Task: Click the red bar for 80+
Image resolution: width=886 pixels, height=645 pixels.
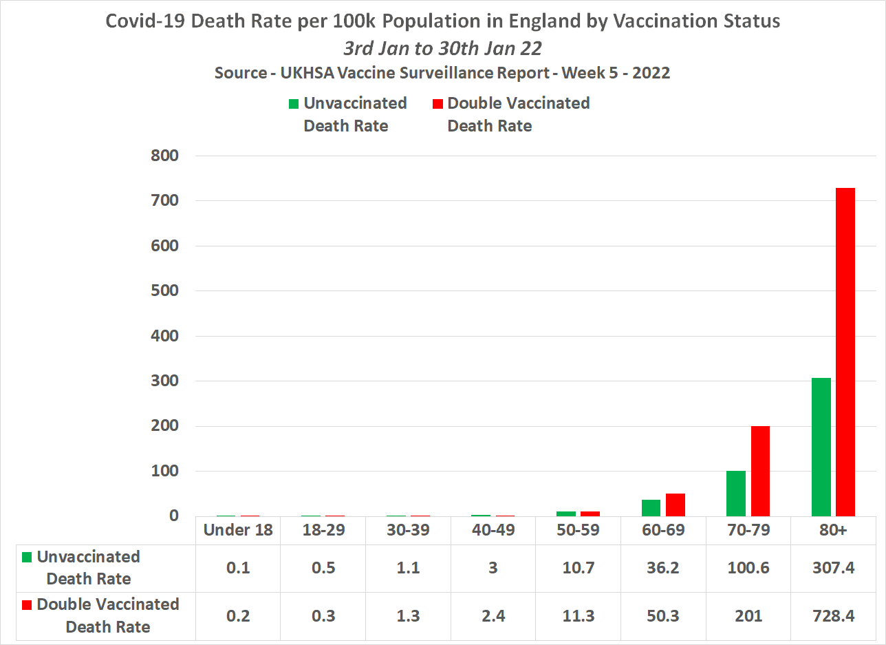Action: tap(845, 352)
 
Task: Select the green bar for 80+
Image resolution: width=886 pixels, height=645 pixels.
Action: tap(821, 447)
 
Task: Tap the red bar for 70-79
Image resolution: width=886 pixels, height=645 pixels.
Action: tap(760, 471)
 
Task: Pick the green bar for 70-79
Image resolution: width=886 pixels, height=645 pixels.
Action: tap(735, 493)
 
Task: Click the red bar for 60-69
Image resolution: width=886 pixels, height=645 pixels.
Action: tap(675, 505)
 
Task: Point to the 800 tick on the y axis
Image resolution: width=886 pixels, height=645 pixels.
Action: tap(164, 156)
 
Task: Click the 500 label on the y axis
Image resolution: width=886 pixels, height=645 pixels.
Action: tap(164, 291)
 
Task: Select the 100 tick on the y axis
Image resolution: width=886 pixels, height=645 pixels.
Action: tap(164, 472)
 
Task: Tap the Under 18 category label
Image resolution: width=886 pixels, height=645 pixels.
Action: tap(238, 530)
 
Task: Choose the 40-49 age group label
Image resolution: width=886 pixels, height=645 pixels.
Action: tap(494, 530)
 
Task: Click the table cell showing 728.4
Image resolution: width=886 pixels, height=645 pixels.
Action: tap(833, 615)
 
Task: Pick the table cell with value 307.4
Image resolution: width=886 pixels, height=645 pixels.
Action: tap(833, 568)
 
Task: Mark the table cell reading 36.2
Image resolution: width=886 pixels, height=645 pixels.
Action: tap(664, 568)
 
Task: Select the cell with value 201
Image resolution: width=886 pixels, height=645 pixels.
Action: tap(748, 615)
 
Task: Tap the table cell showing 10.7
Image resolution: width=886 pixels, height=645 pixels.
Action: tap(579, 568)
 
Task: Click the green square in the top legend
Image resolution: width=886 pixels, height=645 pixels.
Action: tap(294, 104)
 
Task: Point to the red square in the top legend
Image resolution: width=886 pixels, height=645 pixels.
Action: tap(437, 104)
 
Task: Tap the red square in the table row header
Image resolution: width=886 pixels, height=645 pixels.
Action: tap(28, 605)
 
